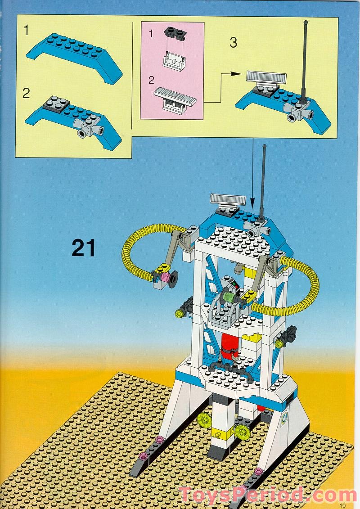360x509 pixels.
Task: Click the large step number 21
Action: click(84, 248)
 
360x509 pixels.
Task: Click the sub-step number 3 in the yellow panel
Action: click(233, 43)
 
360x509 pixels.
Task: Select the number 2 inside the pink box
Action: click(151, 80)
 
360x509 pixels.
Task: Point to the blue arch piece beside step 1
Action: click(74, 56)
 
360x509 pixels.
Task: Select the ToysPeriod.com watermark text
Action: click(267, 495)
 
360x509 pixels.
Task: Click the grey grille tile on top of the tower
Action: click(228, 199)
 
